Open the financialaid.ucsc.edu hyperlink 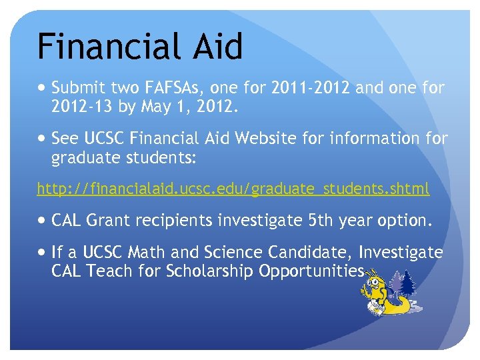pyautogui.click(x=233, y=189)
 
